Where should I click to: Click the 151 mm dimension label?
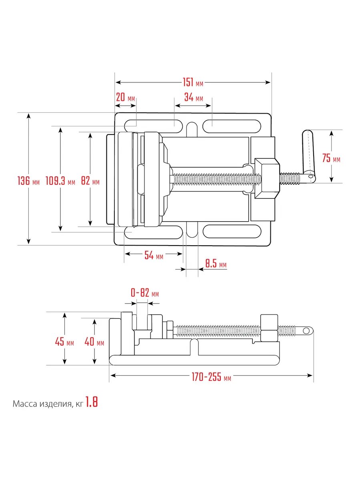pyautogui.click(x=193, y=82)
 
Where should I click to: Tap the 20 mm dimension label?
pyautogui.click(x=125, y=97)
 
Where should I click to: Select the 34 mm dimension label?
pyautogui.click(x=194, y=97)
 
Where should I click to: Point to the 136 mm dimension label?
pyautogui.click(x=28, y=181)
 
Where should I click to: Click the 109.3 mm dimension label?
pyautogui.click(x=60, y=181)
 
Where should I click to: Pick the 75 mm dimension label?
pyautogui.click(x=331, y=158)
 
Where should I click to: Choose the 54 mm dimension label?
pyautogui.click(x=154, y=255)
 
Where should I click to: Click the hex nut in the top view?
pyautogui.click(x=267, y=178)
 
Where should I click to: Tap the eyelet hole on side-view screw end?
pyautogui.click(x=306, y=331)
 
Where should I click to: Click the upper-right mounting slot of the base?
pyautogui.click(x=232, y=126)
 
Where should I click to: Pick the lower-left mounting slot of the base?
pyautogui.click(x=154, y=232)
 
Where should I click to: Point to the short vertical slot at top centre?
pyautogui.click(x=192, y=130)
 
